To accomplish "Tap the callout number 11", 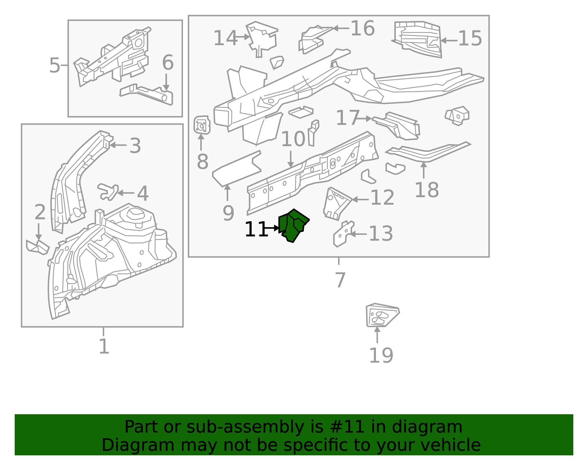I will tap(256, 230).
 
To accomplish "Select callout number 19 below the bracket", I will tap(381, 355).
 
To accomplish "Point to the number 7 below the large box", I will tap(340, 280).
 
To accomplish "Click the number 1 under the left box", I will tap(104, 346).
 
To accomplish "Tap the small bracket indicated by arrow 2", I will tap(38, 247).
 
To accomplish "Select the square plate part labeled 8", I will tap(202, 125).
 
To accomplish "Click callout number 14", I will tap(225, 38).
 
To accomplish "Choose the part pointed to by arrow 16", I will tap(312, 39).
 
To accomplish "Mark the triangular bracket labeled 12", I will tap(336, 203).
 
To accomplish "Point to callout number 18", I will tap(426, 190).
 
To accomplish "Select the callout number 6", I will tap(168, 63).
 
